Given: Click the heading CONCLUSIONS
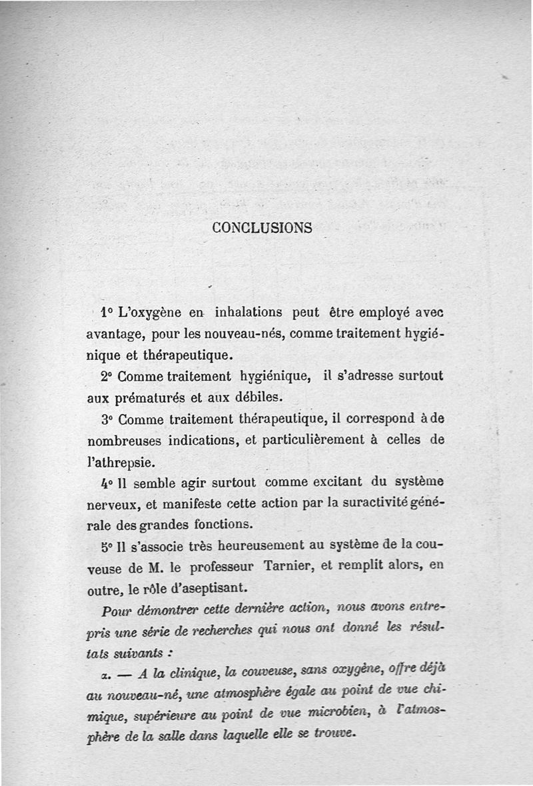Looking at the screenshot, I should coord(262,227).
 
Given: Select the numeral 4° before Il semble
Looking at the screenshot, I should coord(107,481).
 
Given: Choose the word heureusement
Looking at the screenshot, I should coord(263,547).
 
